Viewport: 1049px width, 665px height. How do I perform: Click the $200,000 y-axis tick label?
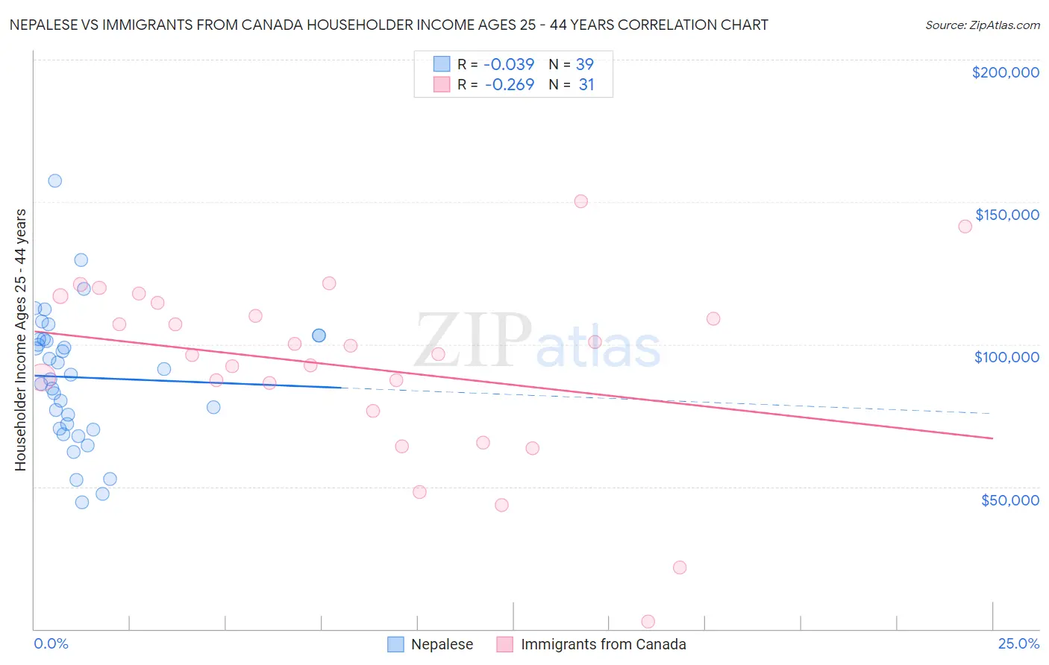(x=1005, y=72)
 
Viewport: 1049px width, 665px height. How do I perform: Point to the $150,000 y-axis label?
(x=1006, y=215)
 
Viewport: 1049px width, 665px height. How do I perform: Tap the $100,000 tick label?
(x=1006, y=357)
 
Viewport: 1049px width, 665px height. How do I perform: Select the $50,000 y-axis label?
(x=1009, y=499)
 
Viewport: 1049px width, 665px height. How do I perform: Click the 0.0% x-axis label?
(x=51, y=643)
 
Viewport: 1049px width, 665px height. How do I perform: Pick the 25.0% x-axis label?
(x=1018, y=643)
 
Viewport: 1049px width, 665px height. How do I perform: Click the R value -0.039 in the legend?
(x=510, y=64)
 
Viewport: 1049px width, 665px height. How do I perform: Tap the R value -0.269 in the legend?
(x=510, y=84)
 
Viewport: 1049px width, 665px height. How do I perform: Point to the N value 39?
(x=585, y=64)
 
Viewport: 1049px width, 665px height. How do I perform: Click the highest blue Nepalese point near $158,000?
(x=54, y=180)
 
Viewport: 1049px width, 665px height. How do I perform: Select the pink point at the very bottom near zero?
(x=648, y=622)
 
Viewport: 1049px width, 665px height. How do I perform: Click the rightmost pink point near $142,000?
(x=965, y=227)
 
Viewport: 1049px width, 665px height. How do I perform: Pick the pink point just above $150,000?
(x=581, y=201)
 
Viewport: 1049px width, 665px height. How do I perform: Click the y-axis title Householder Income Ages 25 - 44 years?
(x=20, y=339)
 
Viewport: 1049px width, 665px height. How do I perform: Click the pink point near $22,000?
(x=680, y=567)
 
